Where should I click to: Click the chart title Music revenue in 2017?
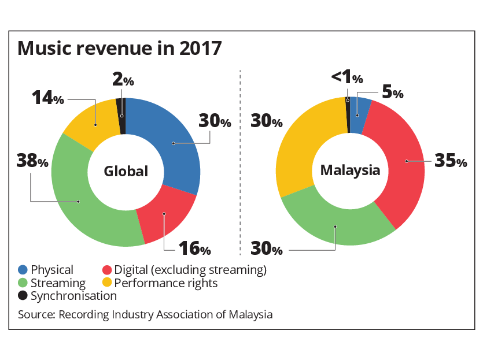point(120,48)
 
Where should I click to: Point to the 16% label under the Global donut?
point(194,249)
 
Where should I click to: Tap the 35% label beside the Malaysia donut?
point(450,161)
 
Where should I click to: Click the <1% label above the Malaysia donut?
point(347,77)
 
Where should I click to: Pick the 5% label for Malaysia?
point(392,92)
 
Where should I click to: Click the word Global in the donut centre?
point(126,171)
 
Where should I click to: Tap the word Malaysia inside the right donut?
point(350,170)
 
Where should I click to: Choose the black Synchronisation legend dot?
point(23,296)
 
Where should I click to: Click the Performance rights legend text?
point(166,283)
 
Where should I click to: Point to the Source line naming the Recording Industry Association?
point(145,315)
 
